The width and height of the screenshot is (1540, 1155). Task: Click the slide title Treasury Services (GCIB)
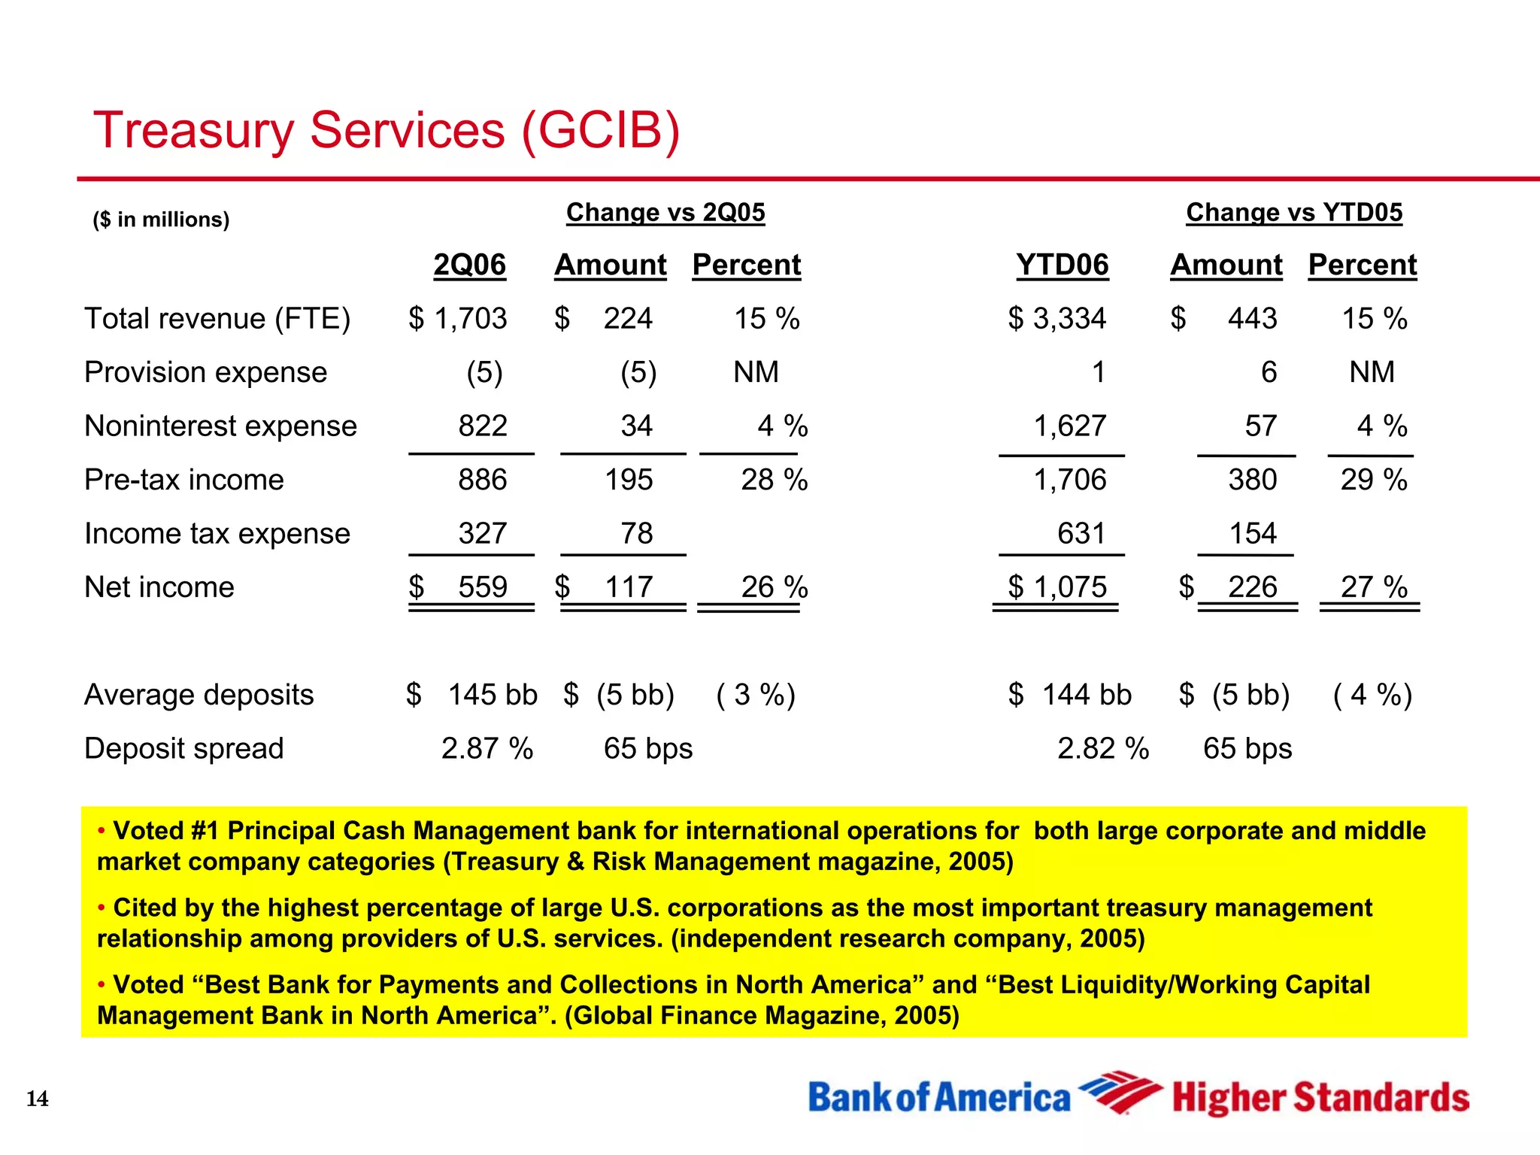tap(387, 130)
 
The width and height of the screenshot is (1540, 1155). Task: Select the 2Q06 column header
tap(469, 265)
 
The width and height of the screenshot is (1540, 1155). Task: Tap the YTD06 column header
tap(1062, 265)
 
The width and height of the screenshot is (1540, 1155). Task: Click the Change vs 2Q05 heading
tap(665, 213)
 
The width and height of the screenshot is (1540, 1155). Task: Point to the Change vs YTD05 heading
tap(1294, 213)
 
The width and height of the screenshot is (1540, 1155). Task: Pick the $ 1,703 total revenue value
tap(458, 319)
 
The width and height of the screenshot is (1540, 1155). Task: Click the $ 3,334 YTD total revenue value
tap(1057, 319)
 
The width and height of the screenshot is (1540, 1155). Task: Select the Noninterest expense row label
tap(220, 426)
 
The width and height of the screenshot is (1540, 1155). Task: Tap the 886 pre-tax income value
tap(483, 480)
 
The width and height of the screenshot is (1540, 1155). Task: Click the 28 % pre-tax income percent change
tap(774, 480)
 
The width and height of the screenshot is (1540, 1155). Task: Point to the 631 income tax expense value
tap(1081, 534)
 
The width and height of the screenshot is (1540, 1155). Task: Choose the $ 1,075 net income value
tap(1057, 587)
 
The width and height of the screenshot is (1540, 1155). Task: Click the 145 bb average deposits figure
tap(493, 695)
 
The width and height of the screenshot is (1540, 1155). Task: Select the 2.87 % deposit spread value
tap(487, 749)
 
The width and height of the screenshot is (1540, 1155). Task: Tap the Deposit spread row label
tap(184, 749)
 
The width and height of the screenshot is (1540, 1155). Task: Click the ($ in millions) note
tap(161, 220)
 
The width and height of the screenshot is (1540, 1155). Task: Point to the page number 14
tap(37, 1099)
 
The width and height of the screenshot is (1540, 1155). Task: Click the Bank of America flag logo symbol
tap(1120, 1092)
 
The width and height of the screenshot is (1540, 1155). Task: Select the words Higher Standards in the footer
tap(1320, 1098)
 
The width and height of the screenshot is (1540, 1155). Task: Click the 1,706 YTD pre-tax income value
tap(1069, 480)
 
